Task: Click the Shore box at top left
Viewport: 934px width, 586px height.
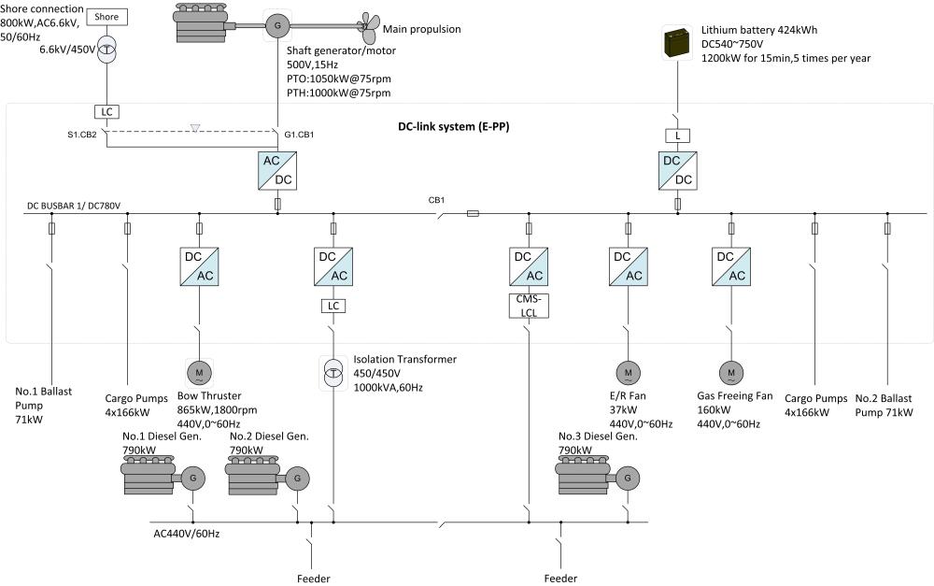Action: (x=107, y=17)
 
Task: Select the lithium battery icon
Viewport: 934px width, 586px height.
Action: (x=677, y=45)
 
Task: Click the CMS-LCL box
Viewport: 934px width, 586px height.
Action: (x=530, y=305)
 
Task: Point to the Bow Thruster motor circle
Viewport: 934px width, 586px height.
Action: (x=199, y=373)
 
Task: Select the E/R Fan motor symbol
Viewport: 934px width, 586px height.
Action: (x=628, y=373)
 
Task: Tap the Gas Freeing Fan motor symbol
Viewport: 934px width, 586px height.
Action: (x=731, y=373)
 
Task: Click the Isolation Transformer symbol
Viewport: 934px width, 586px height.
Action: (x=333, y=372)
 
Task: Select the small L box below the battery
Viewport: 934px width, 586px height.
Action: (x=677, y=136)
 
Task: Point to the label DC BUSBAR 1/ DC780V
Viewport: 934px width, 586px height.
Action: (x=75, y=206)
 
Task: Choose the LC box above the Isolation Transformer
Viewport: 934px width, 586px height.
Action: (x=333, y=305)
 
